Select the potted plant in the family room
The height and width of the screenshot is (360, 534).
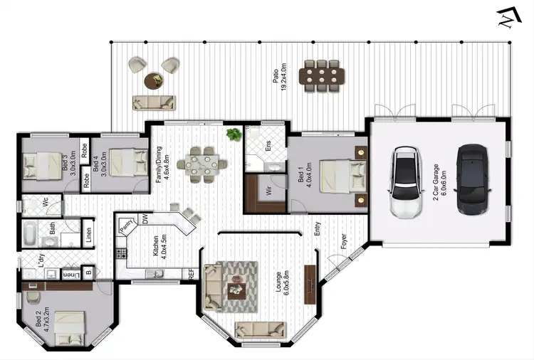pyautogui.click(x=233, y=134)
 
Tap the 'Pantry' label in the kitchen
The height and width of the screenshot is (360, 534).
pyautogui.click(x=128, y=226)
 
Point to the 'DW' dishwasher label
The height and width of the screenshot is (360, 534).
pyautogui.click(x=145, y=221)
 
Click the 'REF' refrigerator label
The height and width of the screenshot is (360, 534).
pyautogui.click(x=191, y=273)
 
